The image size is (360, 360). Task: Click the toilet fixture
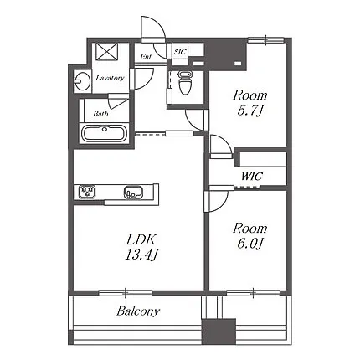click(185, 82)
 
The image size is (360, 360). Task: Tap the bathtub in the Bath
click(105, 133)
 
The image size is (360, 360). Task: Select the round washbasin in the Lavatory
click(83, 81)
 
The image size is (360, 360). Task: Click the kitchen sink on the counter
click(134, 193)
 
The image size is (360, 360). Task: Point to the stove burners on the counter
click(87, 192)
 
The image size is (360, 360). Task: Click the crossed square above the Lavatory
click(107, 52)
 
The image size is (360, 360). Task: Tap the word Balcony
click(138, 311)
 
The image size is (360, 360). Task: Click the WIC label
click(252, 177)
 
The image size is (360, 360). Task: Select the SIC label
click(180, 52)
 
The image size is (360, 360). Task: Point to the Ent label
click(146, 57)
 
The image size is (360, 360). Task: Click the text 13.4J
click(141, 255)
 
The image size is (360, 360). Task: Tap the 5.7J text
click(250, 111)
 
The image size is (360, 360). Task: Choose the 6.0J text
click(250, 244)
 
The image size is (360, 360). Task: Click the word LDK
click(141, 239)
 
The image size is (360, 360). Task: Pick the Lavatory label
click(110, 78)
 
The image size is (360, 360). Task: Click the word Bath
click(100, 114)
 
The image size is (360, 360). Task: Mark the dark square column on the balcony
click(219, 332)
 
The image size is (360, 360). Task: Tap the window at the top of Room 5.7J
click(266, 40)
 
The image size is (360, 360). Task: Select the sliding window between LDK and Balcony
click(126, 293)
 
